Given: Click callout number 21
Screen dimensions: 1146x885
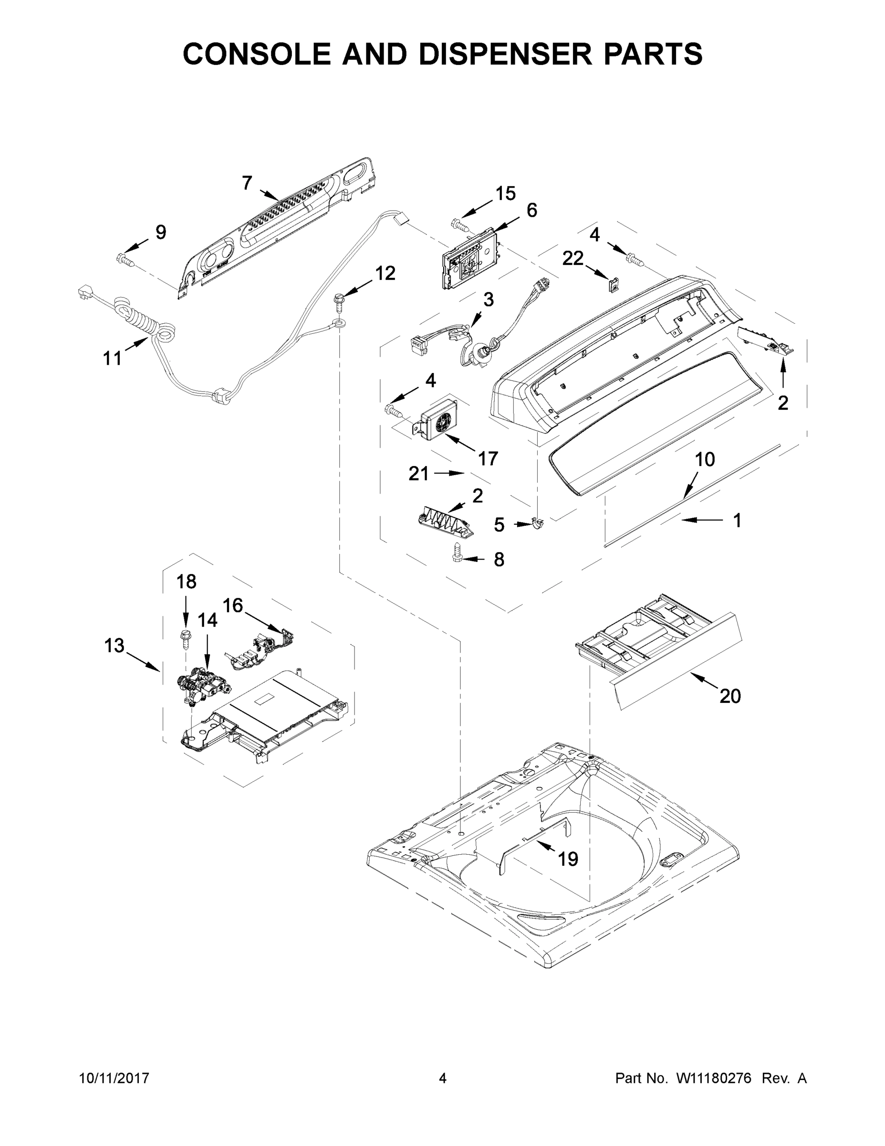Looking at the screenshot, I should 418,474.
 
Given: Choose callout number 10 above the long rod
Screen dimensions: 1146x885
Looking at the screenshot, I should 705,460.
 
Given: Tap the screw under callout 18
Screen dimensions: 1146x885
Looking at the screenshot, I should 185,637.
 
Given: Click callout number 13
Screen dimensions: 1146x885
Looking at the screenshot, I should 115,646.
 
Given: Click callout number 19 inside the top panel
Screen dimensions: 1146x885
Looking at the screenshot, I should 567,859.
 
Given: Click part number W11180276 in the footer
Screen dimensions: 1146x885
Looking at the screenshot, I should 714,1078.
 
